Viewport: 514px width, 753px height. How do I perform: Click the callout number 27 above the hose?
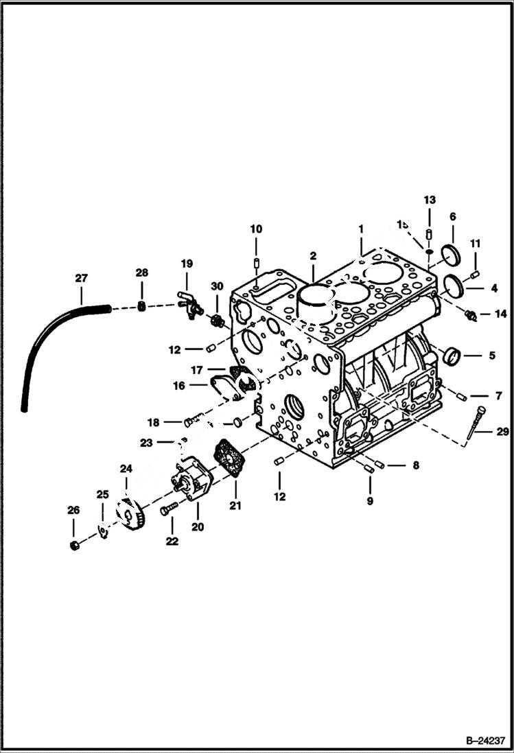(x=81, y=278)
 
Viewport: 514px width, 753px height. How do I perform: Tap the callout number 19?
(x=187, y=264)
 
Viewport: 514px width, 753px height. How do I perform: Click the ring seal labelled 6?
(x=451, y=254)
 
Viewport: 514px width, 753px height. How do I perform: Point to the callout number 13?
(x=429, y=200)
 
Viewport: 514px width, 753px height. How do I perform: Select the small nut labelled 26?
(x=74, y=545)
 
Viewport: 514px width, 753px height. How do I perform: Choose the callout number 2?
(x=313, y=256)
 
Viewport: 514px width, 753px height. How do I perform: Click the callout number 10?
(x=255, y=229)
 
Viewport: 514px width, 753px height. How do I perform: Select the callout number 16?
(x=179, y=386)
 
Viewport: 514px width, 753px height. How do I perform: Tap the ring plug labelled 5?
(x=452, y=357)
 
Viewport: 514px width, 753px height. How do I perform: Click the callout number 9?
(x=370, y=501)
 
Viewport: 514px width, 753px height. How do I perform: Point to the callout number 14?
(x=500, y=314)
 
